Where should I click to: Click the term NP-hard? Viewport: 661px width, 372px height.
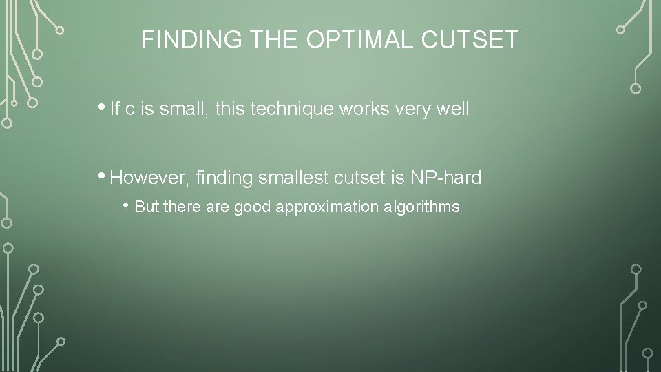(x=446, y=178)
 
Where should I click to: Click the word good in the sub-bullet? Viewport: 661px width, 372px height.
(x=253, y=207)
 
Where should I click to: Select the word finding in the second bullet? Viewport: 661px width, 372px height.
(x=224, y=178)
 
